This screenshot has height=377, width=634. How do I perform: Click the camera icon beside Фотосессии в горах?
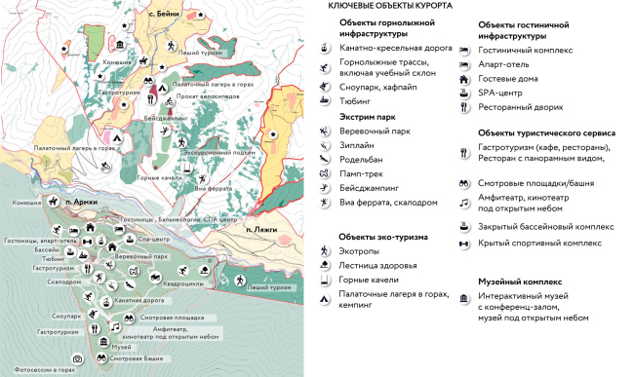[77, 359]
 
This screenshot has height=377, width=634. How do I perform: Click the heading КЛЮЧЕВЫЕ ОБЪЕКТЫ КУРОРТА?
[389, 6]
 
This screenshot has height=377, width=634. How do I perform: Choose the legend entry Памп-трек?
[361, 178]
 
